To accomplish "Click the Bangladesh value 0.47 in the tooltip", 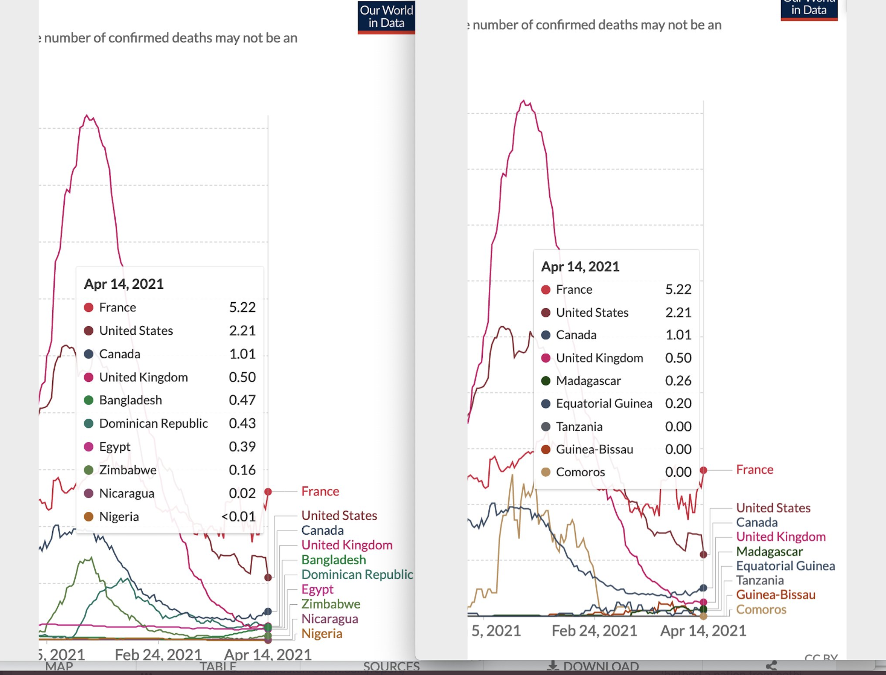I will click(x=242, y=400).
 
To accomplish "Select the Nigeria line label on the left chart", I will click(x=322, y=634).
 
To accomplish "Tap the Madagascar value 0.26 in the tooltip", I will click(x=678, y=381).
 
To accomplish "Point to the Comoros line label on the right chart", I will click(x=761, y=610).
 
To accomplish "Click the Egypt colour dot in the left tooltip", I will click(x=89, y=447).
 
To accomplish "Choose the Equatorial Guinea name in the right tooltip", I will click(x=604, y=403).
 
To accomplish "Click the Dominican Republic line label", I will click(x=357, y=575).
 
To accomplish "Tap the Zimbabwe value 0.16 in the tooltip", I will click(x=242, y=470).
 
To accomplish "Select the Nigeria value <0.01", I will click(x=239, y=516).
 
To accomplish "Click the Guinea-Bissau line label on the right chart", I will click(x=776, y=595).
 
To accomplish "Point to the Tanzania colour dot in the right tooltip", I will click(x=546, y=426).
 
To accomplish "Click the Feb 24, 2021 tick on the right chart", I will click(x=594, y=631).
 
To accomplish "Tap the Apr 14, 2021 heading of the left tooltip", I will click(x=124, y=284).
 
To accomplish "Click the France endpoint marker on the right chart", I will click(x=703, y=470).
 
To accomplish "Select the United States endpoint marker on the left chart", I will click(x=268, y=577).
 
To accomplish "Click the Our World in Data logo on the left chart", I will click(x=386, y=17).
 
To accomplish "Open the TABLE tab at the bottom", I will click(x=218, y=667).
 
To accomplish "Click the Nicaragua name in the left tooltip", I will click(x=126, y=493).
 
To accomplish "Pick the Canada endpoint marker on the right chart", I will click(x=703, y=588).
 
